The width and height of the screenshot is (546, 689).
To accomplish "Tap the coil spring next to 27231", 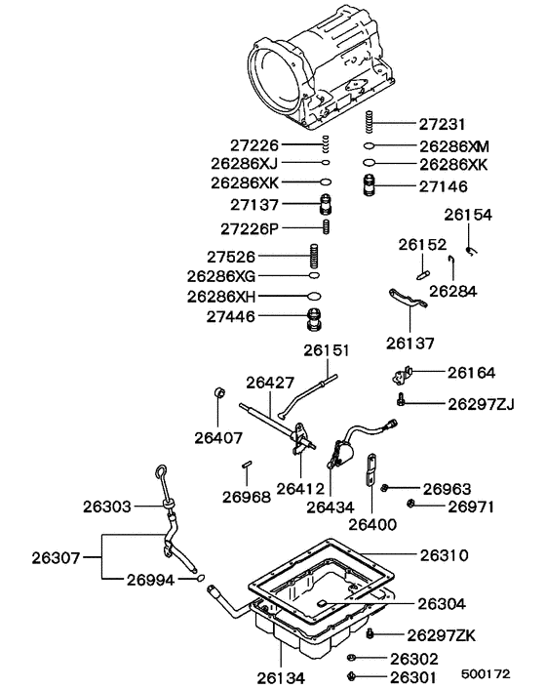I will pos(370,124).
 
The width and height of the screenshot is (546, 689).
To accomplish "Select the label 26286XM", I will pos(454,145).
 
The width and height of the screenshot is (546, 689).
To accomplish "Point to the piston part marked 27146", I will pos(370,186).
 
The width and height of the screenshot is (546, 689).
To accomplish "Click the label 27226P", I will pos(248,227).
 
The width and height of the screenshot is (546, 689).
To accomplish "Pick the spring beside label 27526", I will pos(314,258).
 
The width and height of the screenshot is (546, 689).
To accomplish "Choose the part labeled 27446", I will pos(315,318).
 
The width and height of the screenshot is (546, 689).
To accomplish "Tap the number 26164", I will pos(472,372).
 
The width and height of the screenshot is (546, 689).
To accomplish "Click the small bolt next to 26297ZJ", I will pos(401,400).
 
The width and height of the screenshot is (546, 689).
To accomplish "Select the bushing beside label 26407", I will pos(220,395).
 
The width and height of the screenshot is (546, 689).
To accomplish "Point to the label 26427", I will pos(270,383).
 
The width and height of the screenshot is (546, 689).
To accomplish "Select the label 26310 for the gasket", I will pos(445,554).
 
